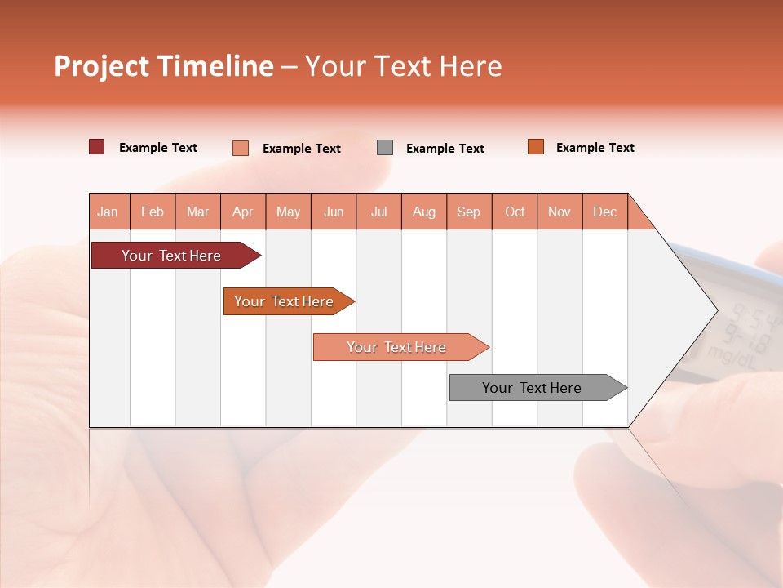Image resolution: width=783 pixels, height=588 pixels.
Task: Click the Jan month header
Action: pos(108,212)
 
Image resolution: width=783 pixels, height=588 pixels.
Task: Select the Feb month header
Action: pos(153,212)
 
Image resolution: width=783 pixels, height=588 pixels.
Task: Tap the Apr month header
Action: pos(242,212)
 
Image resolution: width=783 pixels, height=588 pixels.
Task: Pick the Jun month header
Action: pos(334,212)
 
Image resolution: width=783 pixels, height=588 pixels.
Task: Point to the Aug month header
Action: pos(423,212)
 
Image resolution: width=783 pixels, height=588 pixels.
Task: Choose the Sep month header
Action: pos(468,212)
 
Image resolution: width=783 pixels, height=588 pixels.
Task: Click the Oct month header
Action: pos(515,212)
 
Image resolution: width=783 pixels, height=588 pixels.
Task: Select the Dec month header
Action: pos(604,212)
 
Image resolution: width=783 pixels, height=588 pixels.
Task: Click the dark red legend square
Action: pos(97,147)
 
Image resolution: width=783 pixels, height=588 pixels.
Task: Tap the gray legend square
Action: pos(385,148)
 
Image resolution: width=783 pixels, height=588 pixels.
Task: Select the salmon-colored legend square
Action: pos(241,148)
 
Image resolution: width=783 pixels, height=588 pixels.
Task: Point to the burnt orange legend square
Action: pos(536,147)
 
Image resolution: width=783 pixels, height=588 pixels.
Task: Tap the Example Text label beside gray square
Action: pos(445,149)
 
